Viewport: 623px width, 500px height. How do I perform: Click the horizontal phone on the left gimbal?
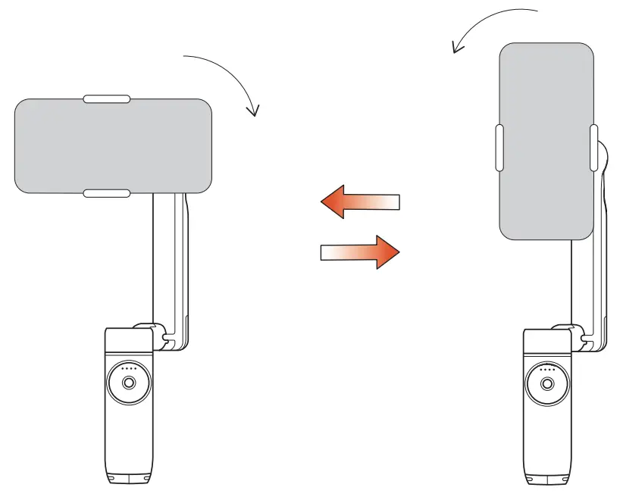(x=113, y=145)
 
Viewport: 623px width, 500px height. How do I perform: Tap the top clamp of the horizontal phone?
(x=106, y=98)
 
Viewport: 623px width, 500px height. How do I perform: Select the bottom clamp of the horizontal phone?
(x=106, y=194)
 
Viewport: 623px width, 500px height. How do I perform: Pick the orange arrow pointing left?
(x=359, y=202)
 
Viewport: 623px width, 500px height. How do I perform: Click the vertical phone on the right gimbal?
(x=546, y=141)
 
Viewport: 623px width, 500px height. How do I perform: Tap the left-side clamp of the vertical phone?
(x=498, y=148)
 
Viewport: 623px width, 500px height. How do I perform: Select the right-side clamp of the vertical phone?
(x=593, y=148)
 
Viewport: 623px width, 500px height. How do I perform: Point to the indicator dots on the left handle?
(x=127, y=370)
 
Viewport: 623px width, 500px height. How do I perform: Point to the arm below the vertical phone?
(x=588, y=280)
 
